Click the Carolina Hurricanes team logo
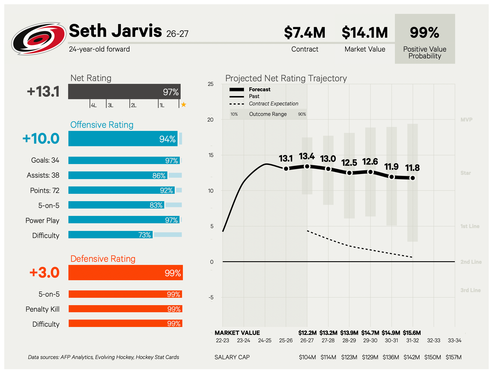click(39, 39)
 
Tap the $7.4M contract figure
click(305, 33)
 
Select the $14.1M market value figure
click(365, 33)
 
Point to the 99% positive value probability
click(425, 33)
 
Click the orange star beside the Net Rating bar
click(184, 105)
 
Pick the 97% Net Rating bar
click(124, 92)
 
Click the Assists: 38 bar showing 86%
click(118, 175)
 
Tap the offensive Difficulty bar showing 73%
click(111, 235)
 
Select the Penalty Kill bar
click(126, 309)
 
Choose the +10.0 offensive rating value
click(41, 139)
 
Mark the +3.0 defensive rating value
click(44, 273)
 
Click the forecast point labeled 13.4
click(307, 166)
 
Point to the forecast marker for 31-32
click(413, 178)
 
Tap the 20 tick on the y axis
click(210, 120)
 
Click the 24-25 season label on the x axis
click(265, 340)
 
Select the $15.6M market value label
click(412, 333)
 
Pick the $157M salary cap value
click(453, 357)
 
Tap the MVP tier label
click(466, 120)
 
